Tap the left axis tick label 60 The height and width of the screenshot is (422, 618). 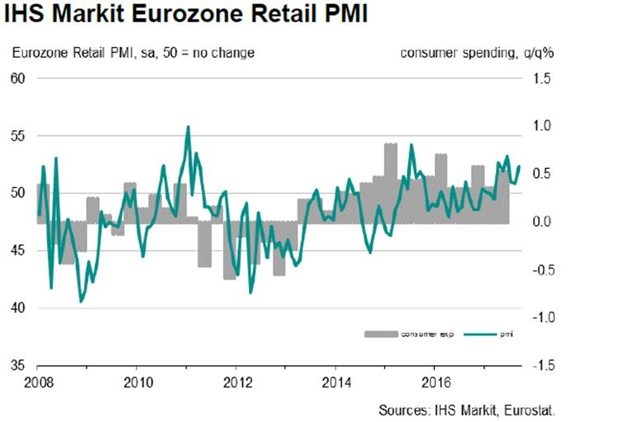pyautogui.click(x=18, y=78)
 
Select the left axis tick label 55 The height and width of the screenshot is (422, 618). pyautogui.click(x=18, y=136)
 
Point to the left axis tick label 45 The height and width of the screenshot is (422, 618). pyautogui.click(x=18, y=251)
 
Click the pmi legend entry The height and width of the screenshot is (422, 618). pyautogui.click(x=494, y=334)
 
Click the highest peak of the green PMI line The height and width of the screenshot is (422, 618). pyautogui.click(x=188, y=127)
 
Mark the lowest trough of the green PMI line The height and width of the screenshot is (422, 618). pyautogui.click(x=81, y=302)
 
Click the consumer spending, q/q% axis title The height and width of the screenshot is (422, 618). pyautogui.click(x=476, y=53)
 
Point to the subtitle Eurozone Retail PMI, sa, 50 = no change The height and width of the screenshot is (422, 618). pyautogui.click(x=133, y=53)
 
